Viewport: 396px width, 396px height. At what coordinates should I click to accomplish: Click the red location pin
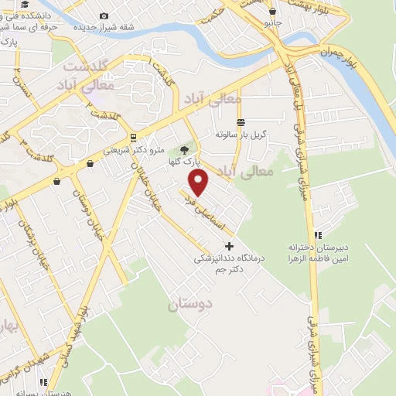click(x=200, y=183)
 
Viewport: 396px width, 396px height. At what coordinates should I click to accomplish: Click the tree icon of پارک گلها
click(x=184, y=151)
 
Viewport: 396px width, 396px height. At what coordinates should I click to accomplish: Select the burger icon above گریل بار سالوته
click(x=241, y=122)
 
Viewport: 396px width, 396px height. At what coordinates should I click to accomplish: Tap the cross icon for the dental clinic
click(x=228, y=246)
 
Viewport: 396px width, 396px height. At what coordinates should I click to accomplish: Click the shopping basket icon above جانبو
click(x=272, y=12)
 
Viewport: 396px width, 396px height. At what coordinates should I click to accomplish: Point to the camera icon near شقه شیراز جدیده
click(x=104, y=14)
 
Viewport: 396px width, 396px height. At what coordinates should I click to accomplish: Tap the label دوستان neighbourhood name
click(x=189, y=305)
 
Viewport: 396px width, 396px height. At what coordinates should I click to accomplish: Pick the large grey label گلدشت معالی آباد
click(x=89, y=76)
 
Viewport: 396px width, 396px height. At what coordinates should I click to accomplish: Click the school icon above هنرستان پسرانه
click(x=45, y=381)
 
